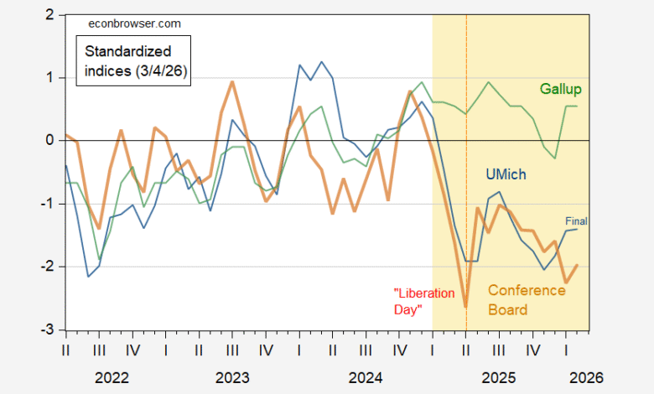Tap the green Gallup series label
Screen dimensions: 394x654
coord(560,89)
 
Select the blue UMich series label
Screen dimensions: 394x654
coord(507,174)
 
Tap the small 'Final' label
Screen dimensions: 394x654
coord(576,221)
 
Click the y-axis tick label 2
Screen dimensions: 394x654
coord(51,15)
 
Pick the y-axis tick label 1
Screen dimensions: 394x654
coord(51,78)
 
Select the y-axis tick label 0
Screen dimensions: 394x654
coord(51,141)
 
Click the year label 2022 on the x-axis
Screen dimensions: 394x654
coord(112,378)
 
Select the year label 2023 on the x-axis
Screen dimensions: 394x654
coord(232,378)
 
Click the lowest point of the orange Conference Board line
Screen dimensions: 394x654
coord(465,306)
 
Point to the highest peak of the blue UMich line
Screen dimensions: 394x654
coord(320,61)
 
